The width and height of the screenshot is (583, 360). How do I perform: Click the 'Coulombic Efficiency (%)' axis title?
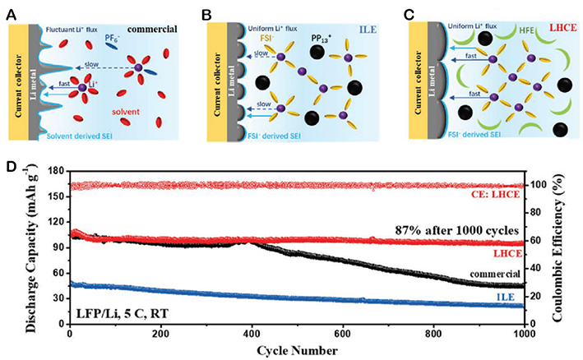pyautogui.click(x=568, y=247)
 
